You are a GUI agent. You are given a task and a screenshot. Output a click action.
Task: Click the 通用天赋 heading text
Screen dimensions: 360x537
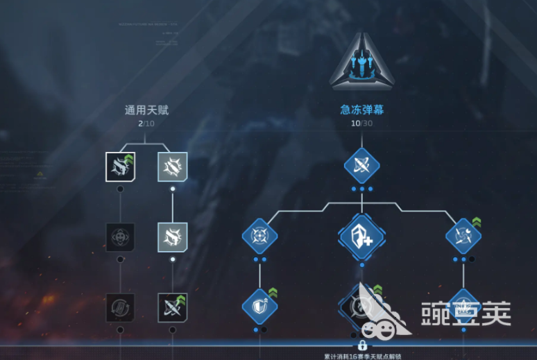coord(146,110)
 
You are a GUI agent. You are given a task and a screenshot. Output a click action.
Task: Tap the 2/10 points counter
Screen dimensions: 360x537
coord(146,123)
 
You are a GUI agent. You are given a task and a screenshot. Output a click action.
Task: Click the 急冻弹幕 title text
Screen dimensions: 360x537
coord(361,110)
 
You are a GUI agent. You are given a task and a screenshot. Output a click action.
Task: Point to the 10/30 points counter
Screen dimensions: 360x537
coord(361,123)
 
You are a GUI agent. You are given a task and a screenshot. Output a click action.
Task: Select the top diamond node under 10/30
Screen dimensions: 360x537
coord(361,166)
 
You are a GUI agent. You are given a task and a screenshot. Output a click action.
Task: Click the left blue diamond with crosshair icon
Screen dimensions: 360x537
coord(259,236)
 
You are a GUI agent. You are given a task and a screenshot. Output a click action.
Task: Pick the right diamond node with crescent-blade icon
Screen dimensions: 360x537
coord(463,236)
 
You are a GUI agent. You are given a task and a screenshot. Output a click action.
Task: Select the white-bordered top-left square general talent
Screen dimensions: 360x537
coord(120,166)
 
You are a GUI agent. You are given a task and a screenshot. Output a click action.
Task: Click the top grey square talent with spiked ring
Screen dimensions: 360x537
coord(172,166)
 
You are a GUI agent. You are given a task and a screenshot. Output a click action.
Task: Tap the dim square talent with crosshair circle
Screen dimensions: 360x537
coord(120,237)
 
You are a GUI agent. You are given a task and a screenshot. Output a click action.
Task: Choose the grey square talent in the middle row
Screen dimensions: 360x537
coord(172,237)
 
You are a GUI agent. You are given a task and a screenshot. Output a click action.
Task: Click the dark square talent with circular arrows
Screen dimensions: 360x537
coord(120,307)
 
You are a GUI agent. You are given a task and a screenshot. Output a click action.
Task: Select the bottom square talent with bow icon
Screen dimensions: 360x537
coord(172,307)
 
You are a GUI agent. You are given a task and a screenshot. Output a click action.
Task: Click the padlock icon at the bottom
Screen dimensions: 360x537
coord(361,345)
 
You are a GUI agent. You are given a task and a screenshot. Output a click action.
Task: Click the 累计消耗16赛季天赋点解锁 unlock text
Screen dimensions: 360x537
coord(362,356)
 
